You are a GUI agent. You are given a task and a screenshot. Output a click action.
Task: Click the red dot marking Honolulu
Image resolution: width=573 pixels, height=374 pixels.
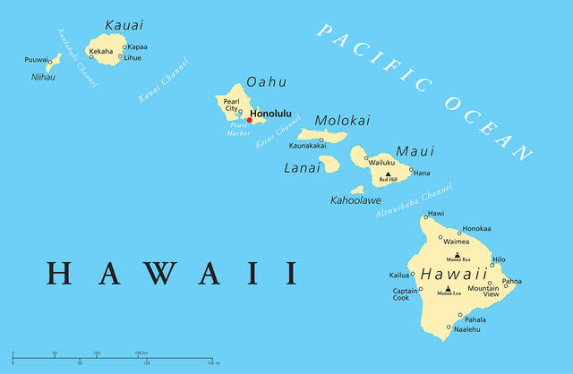coord(249,120)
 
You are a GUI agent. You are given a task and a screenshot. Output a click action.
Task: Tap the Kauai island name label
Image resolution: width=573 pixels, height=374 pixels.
coord(124,24)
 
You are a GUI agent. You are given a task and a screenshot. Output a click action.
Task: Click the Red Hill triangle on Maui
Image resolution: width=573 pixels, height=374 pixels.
coord(388,174)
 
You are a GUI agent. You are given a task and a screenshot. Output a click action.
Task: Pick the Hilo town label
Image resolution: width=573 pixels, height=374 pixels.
coord(499,259)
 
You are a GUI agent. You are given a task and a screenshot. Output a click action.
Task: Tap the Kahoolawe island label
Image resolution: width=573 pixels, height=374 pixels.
coord(355,200)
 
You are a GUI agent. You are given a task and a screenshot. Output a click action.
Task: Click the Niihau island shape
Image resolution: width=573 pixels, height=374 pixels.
coord(54,61)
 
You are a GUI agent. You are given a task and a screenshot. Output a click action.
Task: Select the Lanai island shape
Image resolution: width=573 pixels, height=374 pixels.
coord(329,164)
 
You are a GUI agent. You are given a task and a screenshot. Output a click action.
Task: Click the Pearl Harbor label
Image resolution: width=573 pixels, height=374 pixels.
coord(238,129)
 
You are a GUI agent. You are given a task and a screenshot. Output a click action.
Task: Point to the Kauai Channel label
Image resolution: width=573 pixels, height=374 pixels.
coord(164,81)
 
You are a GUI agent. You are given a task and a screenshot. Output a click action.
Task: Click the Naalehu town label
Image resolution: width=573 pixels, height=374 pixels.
coord(466,329)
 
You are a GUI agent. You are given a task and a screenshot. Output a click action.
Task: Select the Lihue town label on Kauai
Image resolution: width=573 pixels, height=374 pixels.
coord(133,57)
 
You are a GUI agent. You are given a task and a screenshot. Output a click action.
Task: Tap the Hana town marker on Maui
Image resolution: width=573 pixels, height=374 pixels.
coord(412,170)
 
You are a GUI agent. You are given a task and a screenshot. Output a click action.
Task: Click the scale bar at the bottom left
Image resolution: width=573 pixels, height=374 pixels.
coord(112,359)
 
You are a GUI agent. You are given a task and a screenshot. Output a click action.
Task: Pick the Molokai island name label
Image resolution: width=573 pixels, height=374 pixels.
coord(340,121)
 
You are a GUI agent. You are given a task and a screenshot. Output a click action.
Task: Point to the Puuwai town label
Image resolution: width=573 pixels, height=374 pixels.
coord(36,60)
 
